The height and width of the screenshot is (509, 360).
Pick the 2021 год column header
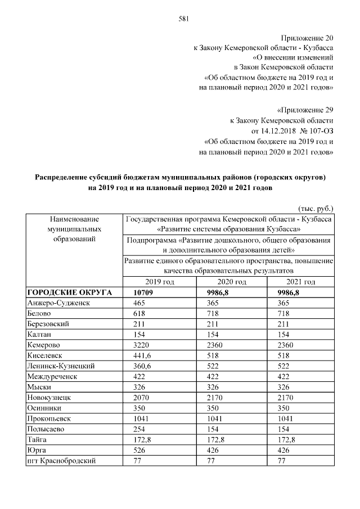[x=300, y=282]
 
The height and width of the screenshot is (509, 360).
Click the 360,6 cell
[x=141, y=366]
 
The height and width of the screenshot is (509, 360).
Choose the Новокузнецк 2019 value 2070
[x=139, y=397]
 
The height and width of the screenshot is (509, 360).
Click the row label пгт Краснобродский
[x=61, y=461]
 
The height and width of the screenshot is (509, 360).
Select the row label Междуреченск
[x=52, y=376]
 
